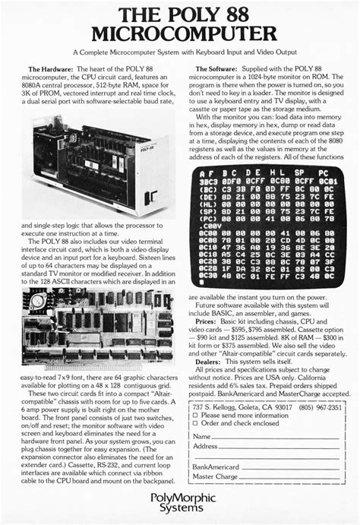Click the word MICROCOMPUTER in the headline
coord(180,33)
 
